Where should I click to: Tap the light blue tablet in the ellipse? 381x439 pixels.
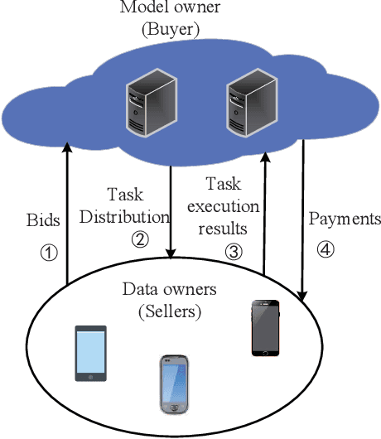[x=91, y=353]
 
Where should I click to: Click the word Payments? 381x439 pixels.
[x=345, y=219]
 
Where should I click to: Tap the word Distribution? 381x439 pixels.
[x=137, y=218]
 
